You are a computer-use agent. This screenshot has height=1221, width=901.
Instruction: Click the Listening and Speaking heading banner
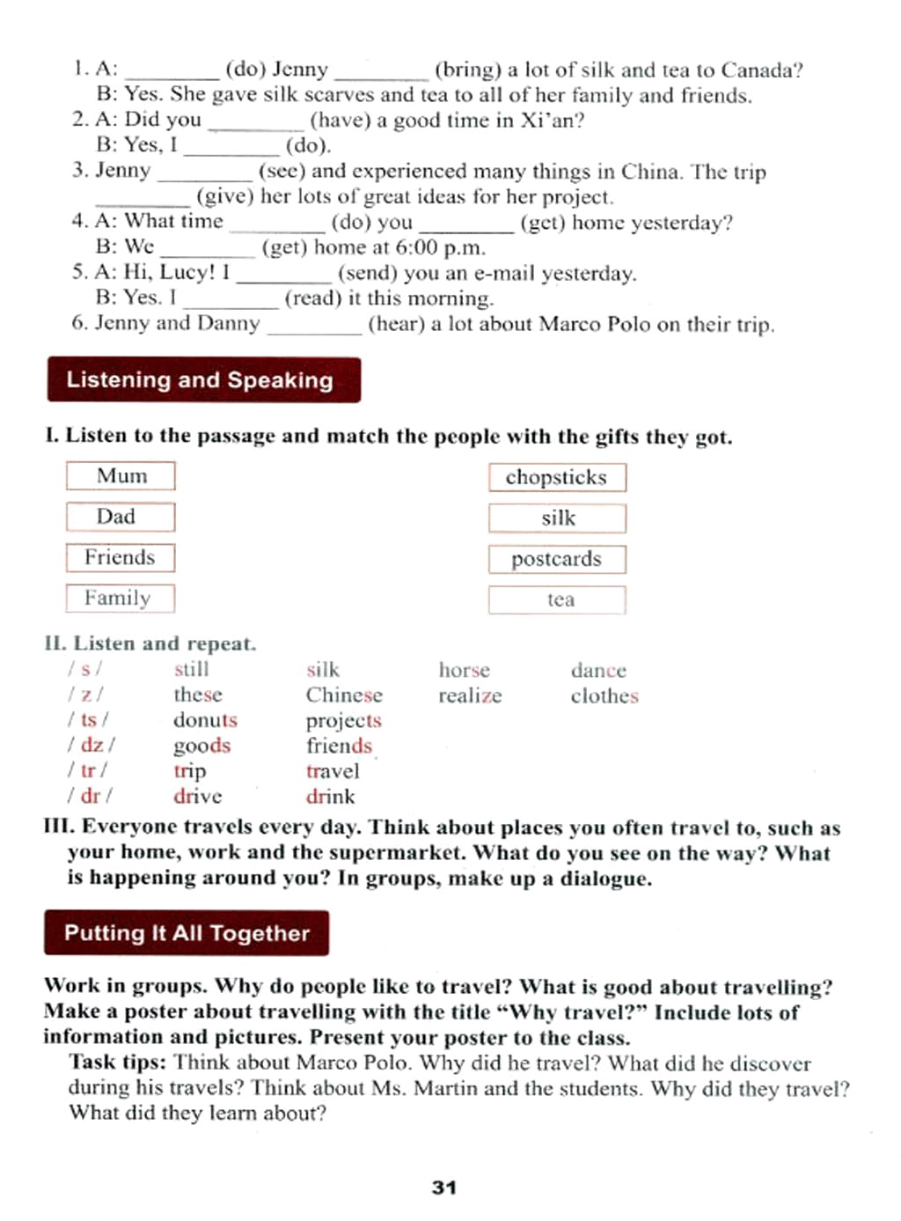[203, 380]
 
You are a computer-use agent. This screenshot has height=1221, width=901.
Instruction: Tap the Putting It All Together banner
[187, 933]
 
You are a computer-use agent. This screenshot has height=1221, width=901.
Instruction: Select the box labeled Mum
[121, 476]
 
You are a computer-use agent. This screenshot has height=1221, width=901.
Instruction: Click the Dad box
[121, 517]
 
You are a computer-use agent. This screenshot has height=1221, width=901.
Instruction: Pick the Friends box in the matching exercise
[121, 557]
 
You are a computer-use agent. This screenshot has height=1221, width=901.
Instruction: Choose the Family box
[121, 599]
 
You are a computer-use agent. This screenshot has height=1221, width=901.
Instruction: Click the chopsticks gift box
[557, 477]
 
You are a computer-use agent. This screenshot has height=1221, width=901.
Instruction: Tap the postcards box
[557, 559]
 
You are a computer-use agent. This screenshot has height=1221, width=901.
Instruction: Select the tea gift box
[557, 599]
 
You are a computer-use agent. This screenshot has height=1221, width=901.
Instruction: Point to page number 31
[444, 1188]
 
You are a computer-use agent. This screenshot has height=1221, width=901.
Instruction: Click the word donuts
[205, 720]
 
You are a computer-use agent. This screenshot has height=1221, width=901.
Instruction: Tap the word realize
[470, 695]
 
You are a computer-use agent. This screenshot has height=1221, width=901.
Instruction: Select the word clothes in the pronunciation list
[604, 695]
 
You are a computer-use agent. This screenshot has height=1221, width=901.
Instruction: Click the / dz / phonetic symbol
[92, 745]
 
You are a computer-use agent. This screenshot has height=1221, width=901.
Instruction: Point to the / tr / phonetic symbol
[89, 770]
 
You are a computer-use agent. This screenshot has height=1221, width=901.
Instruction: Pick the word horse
[465, 670]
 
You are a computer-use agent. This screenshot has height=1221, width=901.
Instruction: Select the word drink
[331, 797]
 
